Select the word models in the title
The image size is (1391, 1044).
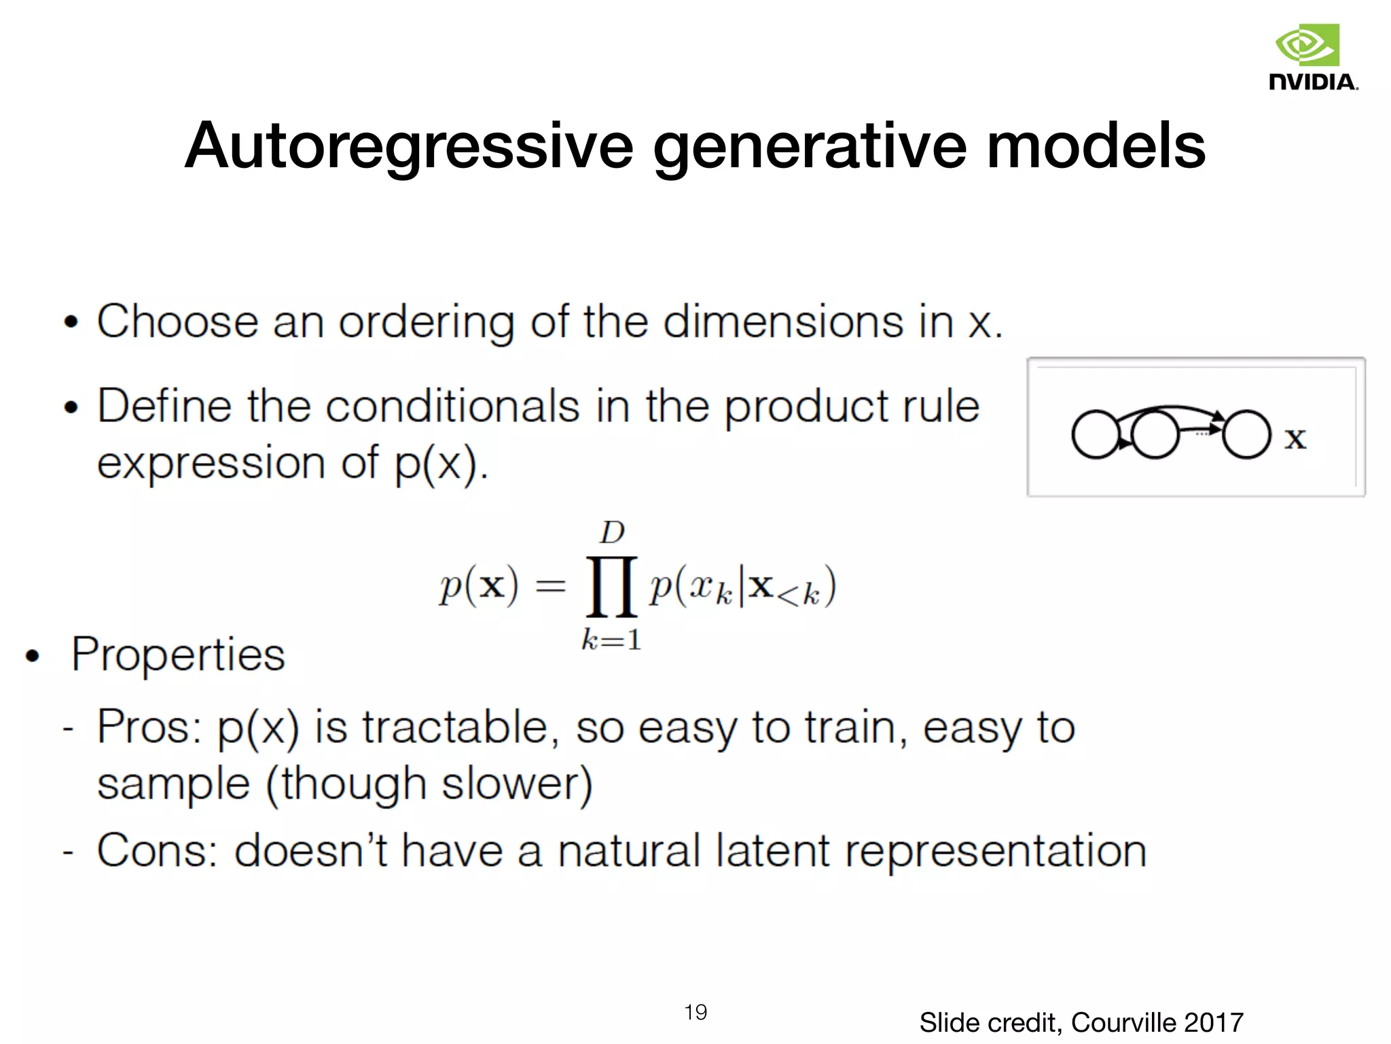pos(1096,145)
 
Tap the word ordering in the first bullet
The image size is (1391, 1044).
pos(426,322)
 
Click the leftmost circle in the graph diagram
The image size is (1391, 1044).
pos(1095,435)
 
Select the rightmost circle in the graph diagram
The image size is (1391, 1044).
pos(1246,435)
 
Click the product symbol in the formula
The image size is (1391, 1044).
pos(611,586)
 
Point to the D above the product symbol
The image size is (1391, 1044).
pos(611,533)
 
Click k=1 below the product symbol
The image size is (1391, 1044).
pos(611,640)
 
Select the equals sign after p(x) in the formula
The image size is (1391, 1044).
pos(550,587)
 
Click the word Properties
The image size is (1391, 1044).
pos(178,655)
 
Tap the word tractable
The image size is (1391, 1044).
pos(454,727)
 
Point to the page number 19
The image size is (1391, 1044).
pos(695,1012)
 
